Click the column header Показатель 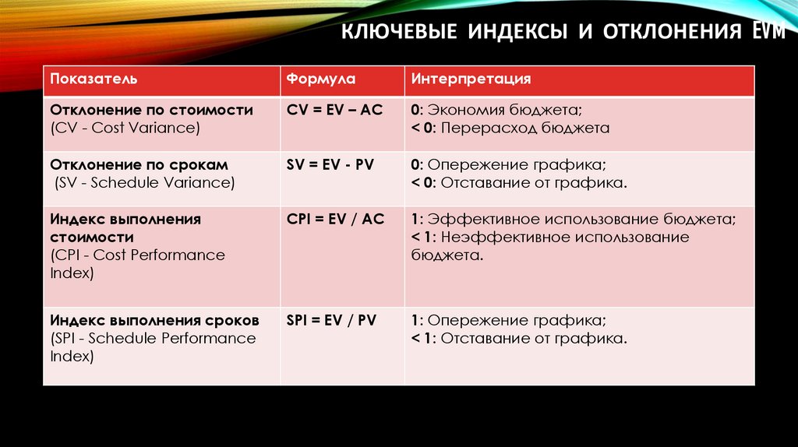click(94, 79)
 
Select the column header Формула click(321, 79)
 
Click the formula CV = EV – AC click(334, 111)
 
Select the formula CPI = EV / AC click(335, 220)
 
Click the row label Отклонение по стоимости click(151, 111)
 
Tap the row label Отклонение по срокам click(139, 165)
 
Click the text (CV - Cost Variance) click(125, 128)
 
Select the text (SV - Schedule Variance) click(144, 183)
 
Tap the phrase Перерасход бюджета click(525, 128)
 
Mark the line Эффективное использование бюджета click(581, 220)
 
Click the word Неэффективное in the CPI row click(493, 238)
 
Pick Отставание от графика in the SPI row click(535, 338)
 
